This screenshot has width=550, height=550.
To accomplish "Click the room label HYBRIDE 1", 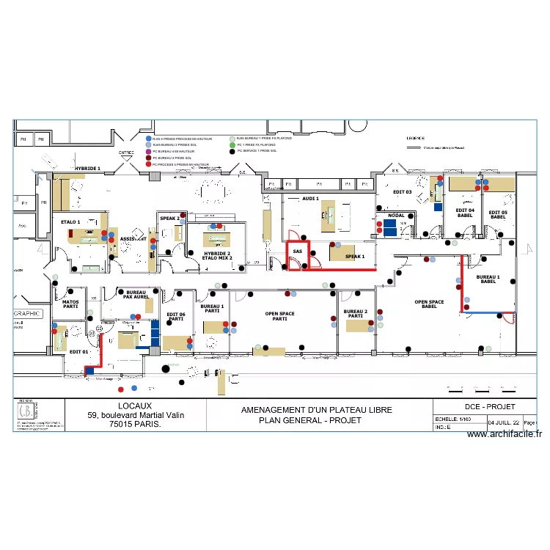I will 87,169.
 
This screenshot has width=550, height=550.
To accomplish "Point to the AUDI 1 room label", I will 311,199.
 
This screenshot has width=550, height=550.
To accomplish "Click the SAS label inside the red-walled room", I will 297,252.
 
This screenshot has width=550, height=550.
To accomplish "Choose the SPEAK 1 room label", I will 355,257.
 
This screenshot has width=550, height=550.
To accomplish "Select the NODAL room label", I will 396,216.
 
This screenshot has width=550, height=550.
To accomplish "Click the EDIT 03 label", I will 403,192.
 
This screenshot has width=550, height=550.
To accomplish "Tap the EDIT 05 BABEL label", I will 498,213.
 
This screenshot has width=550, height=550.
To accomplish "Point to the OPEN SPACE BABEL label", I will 429,304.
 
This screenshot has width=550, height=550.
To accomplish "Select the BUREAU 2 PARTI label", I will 355,314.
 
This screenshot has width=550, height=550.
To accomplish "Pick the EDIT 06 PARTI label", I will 175,317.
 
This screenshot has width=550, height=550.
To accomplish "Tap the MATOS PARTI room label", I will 70,304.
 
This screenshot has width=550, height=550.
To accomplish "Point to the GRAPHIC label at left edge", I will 28,313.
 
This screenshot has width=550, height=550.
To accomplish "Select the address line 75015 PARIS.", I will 136,424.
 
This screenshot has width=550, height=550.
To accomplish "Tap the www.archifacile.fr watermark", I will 504,434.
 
